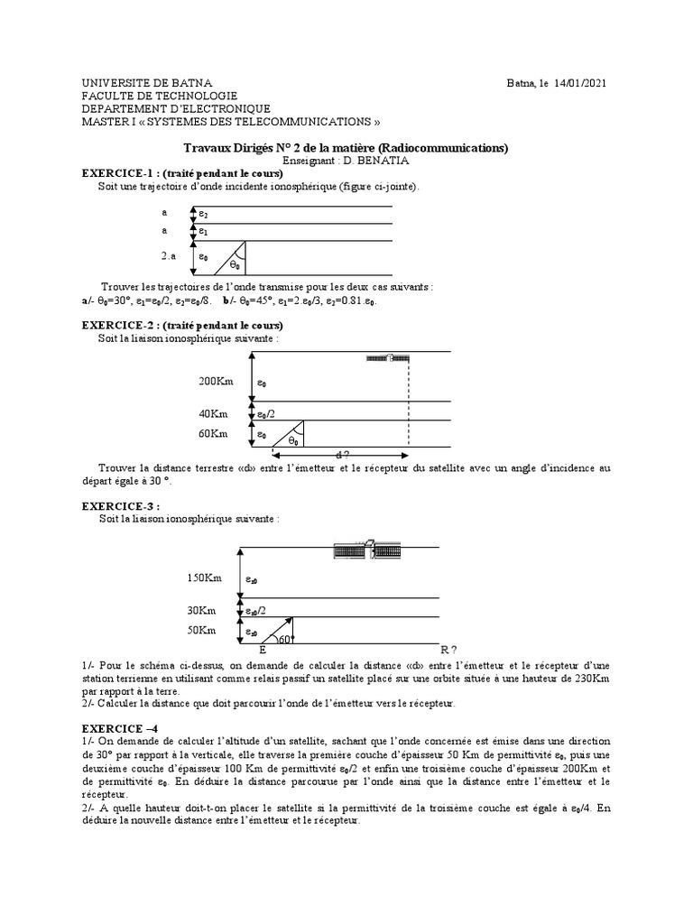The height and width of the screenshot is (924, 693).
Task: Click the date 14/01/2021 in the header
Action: tap(580, 83)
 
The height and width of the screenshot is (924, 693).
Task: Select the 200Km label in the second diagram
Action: tap(216, 382)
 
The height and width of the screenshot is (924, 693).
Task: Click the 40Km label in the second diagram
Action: tap(213, 413)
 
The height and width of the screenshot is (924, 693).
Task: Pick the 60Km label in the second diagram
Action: tap(213, 434)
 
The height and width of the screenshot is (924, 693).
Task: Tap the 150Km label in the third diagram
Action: tap(205, 577)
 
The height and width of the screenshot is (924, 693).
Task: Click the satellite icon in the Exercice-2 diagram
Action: tap(389, 358)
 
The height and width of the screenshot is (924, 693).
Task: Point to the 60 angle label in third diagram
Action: tap(283, 640)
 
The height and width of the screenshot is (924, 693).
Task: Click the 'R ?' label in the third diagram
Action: tap(448, 650)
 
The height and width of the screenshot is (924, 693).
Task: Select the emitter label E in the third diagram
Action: tap(263, 650)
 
